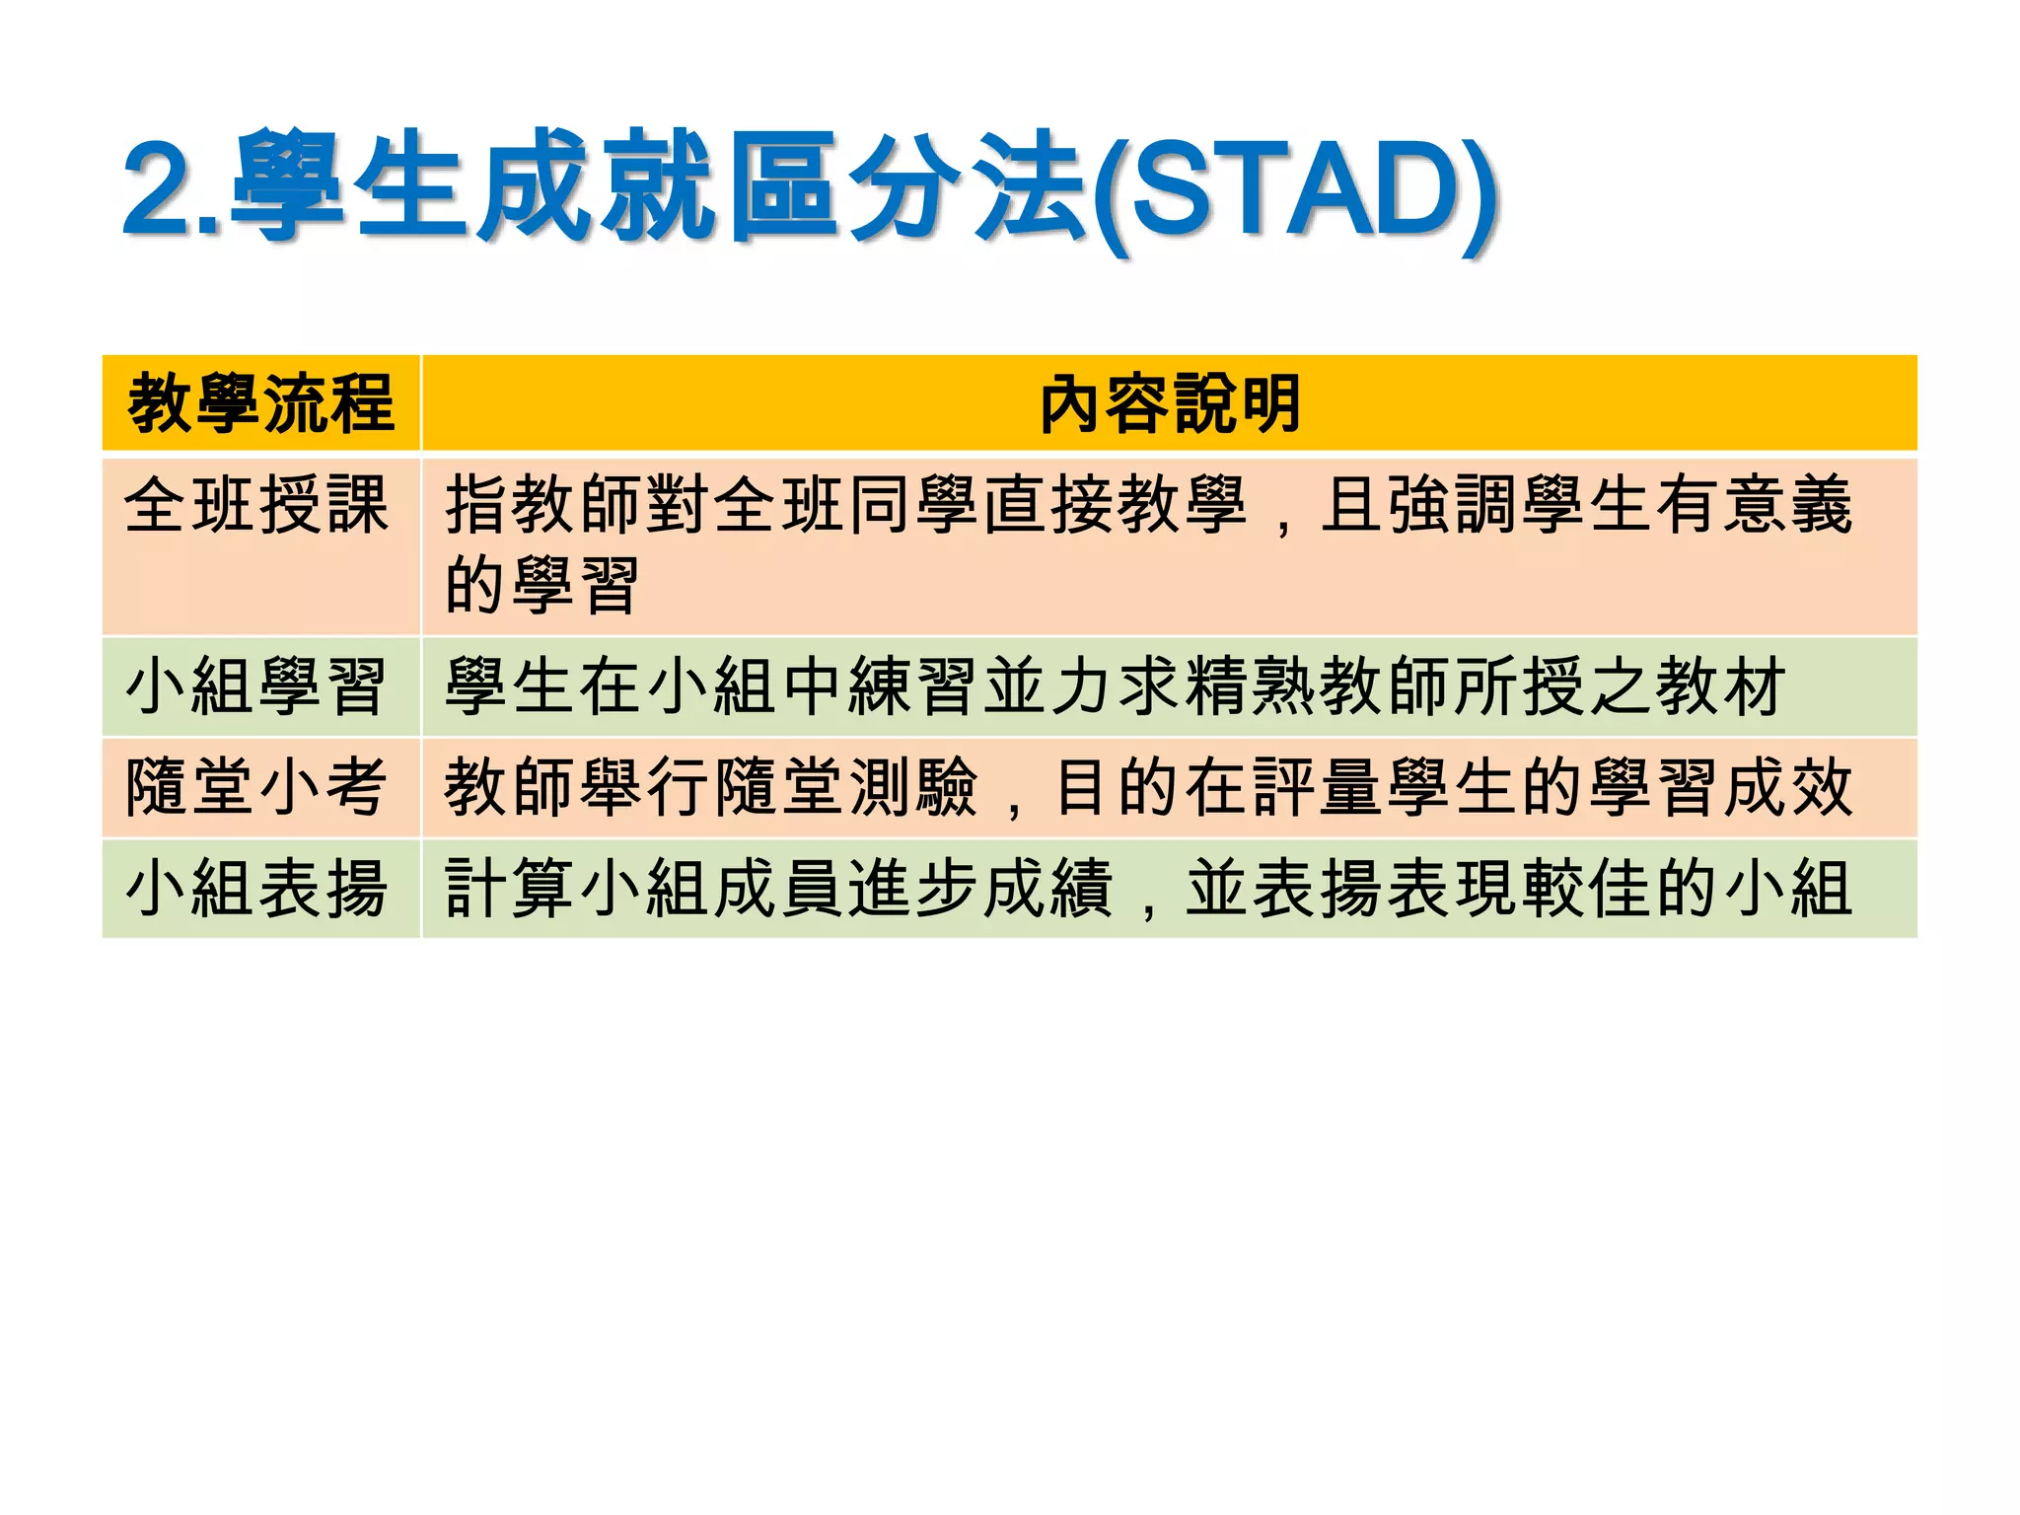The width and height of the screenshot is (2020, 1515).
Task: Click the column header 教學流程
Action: [261, 403]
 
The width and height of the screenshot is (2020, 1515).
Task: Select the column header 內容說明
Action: [1170, 403]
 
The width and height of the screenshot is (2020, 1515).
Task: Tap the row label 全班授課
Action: [256, 505]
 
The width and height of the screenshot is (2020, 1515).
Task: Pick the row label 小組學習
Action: [256, 686]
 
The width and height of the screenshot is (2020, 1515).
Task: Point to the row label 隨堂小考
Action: [256, 787]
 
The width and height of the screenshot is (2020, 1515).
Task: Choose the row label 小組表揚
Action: [256, 889]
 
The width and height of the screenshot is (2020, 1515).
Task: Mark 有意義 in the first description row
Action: [1754, 505]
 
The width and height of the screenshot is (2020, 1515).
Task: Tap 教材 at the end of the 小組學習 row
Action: [1720, 686]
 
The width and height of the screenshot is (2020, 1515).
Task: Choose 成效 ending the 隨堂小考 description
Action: [1787, 787]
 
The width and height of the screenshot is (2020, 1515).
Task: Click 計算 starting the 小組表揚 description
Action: [509, 889]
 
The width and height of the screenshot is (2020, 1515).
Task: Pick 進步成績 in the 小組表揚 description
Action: [980, 889]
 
